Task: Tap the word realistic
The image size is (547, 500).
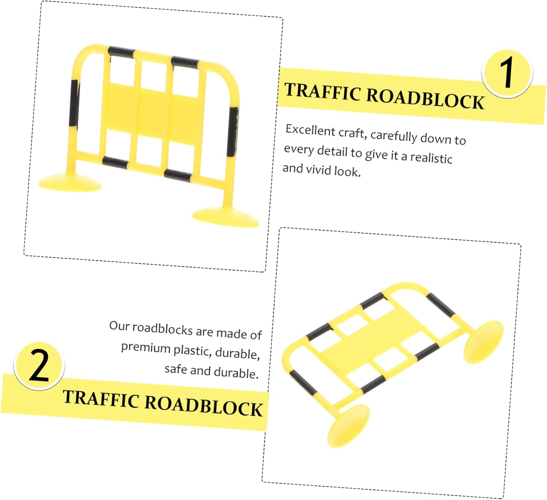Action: pos(431,157)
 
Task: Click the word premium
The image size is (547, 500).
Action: pos(146,348)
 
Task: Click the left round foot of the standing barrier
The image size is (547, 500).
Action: pos(70,182)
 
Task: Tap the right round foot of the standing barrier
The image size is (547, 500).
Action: pos(225,218)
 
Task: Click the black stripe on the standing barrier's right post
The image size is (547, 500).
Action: pos(233,132)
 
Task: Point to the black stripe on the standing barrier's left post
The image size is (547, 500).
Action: pos(74,103)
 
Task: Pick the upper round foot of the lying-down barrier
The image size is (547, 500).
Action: pos(484,342)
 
